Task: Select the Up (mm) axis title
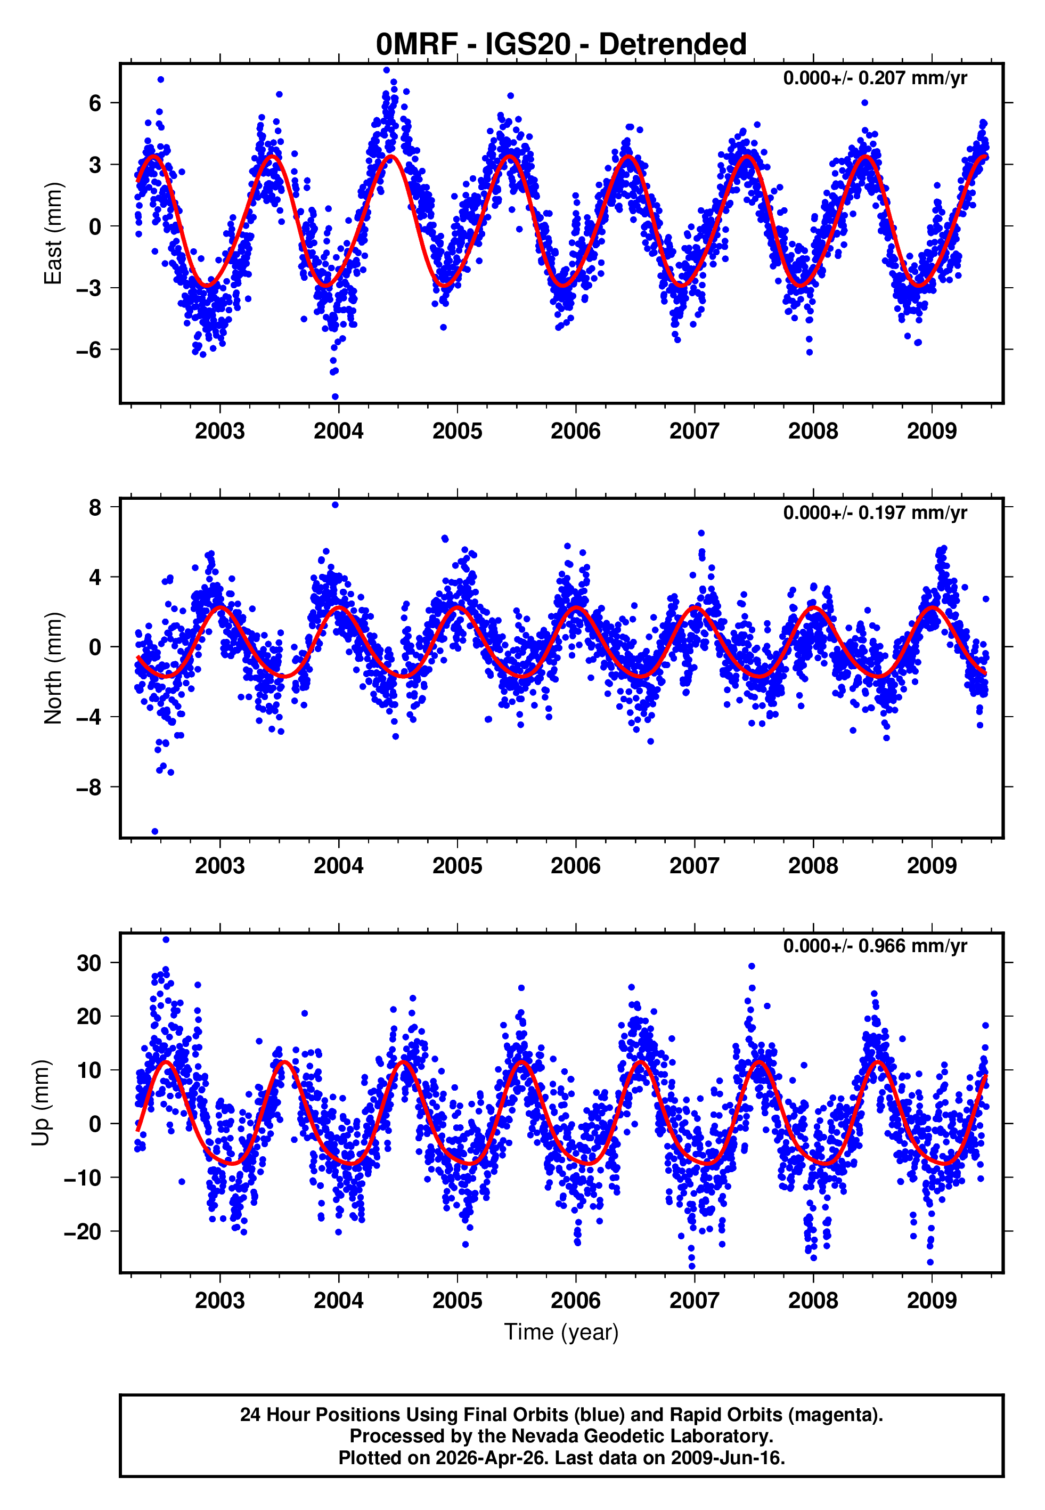[x=40, y=1103]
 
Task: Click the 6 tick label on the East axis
[x=95, y=103]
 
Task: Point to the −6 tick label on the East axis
[x=89, y=350]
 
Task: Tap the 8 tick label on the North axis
[x=95, y=507]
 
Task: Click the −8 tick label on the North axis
[x=89, y=787]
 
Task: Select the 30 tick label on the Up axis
[x=89, y=963]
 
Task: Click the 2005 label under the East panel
[x=456, y=432]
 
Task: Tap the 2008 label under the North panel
[x=813, y=866]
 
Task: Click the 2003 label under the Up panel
[x=219, y=1300]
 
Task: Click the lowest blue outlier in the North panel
[x=155, y=831]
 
